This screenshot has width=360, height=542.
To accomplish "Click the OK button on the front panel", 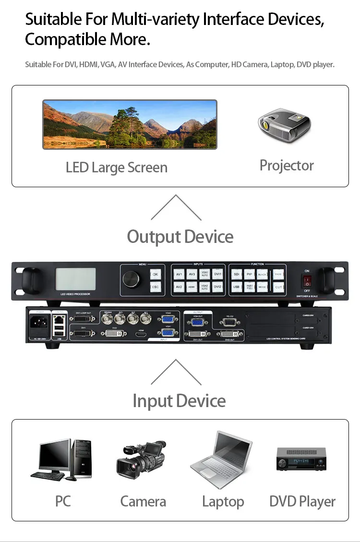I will coord(155,275).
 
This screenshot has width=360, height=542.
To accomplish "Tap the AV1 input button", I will coord(179,275).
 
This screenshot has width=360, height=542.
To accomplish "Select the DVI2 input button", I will coord(217,287).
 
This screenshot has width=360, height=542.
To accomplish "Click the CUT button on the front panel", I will coord(278,287).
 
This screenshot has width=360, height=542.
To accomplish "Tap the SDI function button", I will coord(236,275).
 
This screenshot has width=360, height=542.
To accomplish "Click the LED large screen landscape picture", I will coord(130,124).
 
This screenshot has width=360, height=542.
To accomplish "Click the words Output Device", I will coord(180,237).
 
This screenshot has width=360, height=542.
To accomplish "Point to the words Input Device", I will coord(179,401).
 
